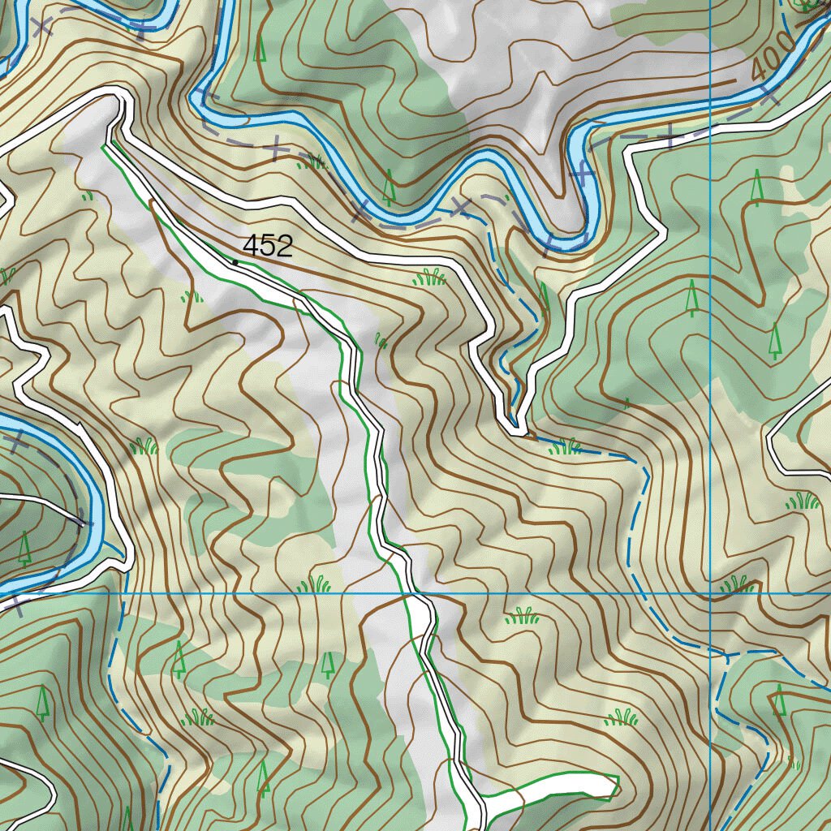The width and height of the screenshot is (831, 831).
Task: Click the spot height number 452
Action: [267, 246]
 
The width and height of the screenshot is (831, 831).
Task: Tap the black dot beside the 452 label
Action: [235, 261]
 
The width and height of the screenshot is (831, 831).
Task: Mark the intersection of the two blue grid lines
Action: [710, 593]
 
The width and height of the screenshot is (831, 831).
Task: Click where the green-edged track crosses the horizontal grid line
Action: [403, 593]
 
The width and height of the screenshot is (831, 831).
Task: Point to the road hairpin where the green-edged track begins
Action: [120, 96]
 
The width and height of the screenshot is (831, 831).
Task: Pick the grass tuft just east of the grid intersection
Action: [737, 583]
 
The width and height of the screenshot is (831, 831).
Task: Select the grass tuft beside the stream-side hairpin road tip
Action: [565, 446]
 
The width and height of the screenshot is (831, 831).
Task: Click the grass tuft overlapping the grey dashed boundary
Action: [312, 161]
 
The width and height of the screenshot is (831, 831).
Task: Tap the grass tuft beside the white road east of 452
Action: [429, 278]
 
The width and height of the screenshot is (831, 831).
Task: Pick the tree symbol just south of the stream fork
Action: [779, 700]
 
